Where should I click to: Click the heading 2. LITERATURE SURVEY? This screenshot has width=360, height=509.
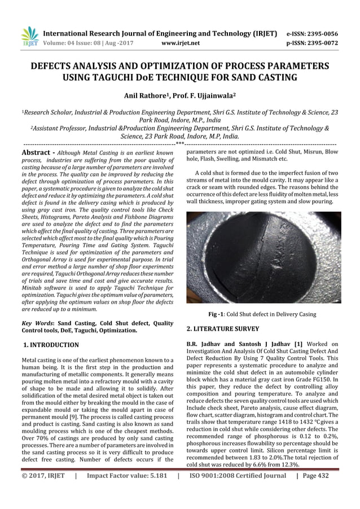tap(223, 328)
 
